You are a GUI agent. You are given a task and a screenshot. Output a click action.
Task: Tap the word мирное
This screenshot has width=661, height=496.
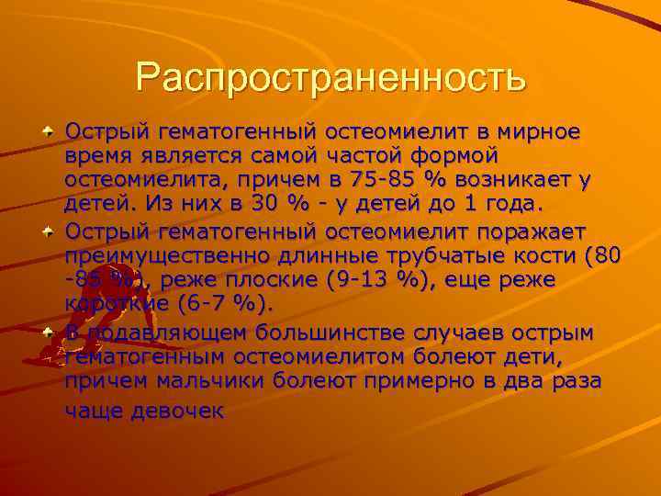pyautogui.click(x=539, y=131)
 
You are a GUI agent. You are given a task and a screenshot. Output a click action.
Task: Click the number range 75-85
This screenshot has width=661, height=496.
pyautogui.click(x=376, y=180)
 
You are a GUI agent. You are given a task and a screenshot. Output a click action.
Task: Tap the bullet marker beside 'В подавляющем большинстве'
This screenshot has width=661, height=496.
pyautogui.click(x=46, y=331)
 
